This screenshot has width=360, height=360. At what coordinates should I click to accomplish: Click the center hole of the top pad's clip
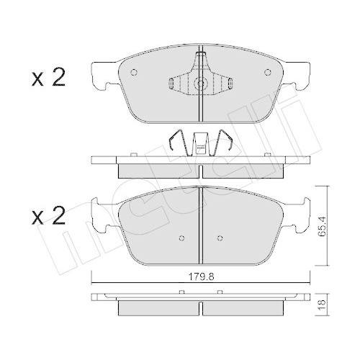pos(200,84)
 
